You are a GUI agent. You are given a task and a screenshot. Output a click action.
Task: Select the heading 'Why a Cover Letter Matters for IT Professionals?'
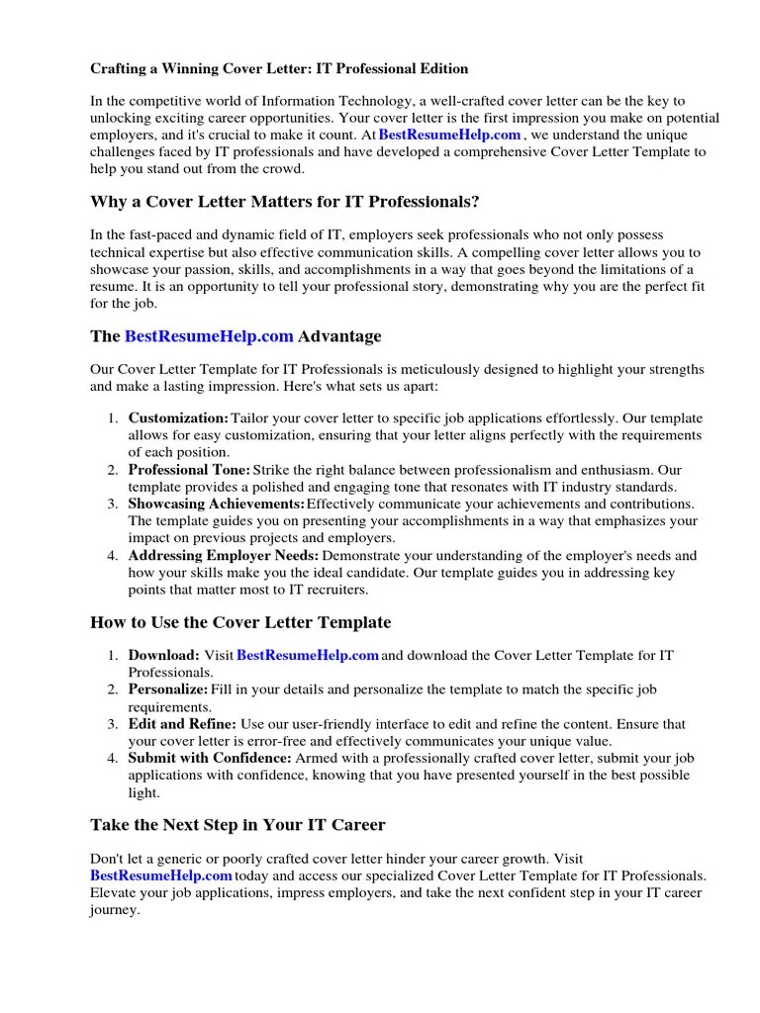pos(285,202)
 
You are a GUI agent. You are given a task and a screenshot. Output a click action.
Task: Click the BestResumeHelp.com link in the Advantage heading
pos(209,336)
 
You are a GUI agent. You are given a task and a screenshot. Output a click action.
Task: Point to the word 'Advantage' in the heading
pos(339,336)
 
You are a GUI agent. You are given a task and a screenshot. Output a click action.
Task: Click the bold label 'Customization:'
pos(178,417)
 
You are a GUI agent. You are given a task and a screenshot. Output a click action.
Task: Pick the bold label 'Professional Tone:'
pos(189,470)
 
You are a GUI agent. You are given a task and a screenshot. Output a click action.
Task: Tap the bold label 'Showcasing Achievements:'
pos(217,504)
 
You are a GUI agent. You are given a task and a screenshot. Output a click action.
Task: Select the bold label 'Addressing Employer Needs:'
pos(224,555)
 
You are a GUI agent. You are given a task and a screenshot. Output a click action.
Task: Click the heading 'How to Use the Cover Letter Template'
pos(240,622)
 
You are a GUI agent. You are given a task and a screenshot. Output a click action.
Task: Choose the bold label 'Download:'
pos(164,655)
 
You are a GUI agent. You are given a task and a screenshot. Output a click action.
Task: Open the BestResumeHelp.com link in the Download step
pos(308,655)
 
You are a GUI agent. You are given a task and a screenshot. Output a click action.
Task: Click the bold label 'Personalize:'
pos(168,690)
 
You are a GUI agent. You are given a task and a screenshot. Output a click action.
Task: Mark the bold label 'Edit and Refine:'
pos(182,723)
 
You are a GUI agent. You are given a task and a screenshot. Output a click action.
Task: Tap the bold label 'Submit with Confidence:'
pos(210,758)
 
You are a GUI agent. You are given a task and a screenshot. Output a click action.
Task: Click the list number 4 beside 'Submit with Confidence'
pos(112,758)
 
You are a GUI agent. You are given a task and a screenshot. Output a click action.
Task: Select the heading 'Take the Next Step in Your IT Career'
pos(237,824)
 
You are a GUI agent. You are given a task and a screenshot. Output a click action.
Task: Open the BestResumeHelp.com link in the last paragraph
pos(161,875)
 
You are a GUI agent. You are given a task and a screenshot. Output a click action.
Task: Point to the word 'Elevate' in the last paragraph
pos(114,893)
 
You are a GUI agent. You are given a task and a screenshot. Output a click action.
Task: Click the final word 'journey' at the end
pos(113,910)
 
